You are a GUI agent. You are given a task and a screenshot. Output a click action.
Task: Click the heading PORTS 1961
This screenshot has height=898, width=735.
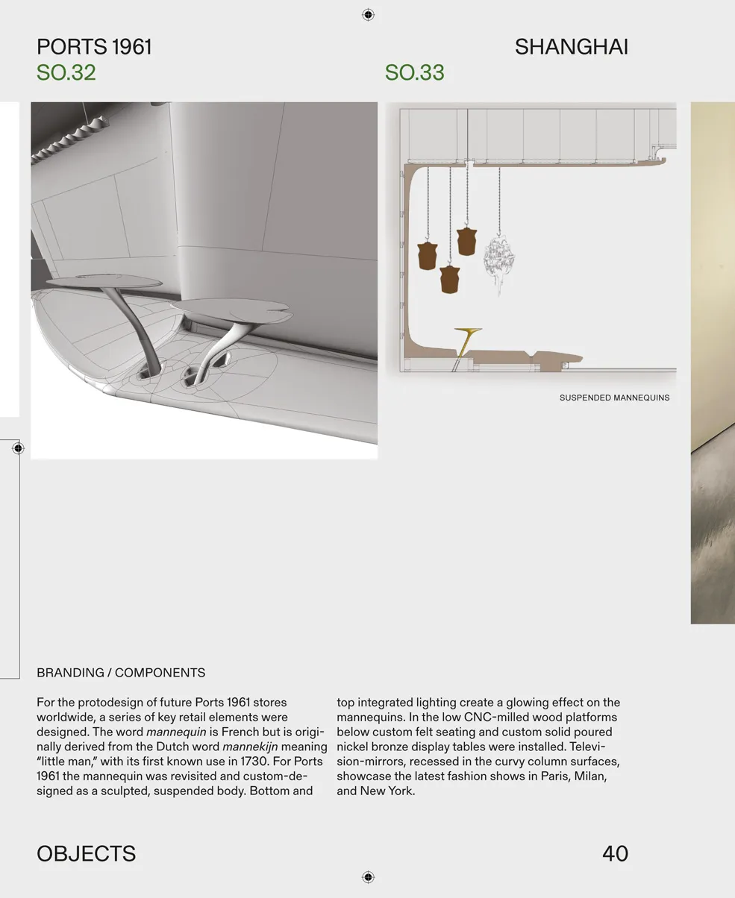point(94,47)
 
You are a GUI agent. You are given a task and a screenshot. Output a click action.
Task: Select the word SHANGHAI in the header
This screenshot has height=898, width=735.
point(571,47)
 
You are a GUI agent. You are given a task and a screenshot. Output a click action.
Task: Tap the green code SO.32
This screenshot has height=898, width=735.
point(66,73)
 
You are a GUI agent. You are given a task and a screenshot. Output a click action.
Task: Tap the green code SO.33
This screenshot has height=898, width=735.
point(414,73)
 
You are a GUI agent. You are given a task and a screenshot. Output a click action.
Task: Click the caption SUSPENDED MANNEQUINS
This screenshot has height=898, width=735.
point(614,398)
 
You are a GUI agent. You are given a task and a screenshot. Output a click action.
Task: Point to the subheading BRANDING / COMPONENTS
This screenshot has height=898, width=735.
point(121,673)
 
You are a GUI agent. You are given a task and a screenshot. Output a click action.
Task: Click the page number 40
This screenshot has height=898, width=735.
point(615,853)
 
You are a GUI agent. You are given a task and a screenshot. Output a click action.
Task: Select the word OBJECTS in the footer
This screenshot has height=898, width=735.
point(86,853)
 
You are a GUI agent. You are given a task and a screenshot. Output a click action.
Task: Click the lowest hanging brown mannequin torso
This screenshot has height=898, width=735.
point(449,280)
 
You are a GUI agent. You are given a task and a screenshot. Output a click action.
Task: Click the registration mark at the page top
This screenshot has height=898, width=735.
point(367,14)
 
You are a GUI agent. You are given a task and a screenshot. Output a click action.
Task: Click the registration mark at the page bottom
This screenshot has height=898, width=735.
point(367,876)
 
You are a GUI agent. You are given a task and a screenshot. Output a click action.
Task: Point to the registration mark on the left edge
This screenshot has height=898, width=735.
point(19,448)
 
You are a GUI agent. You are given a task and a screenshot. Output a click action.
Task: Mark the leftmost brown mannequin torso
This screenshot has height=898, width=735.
point(427,256)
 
